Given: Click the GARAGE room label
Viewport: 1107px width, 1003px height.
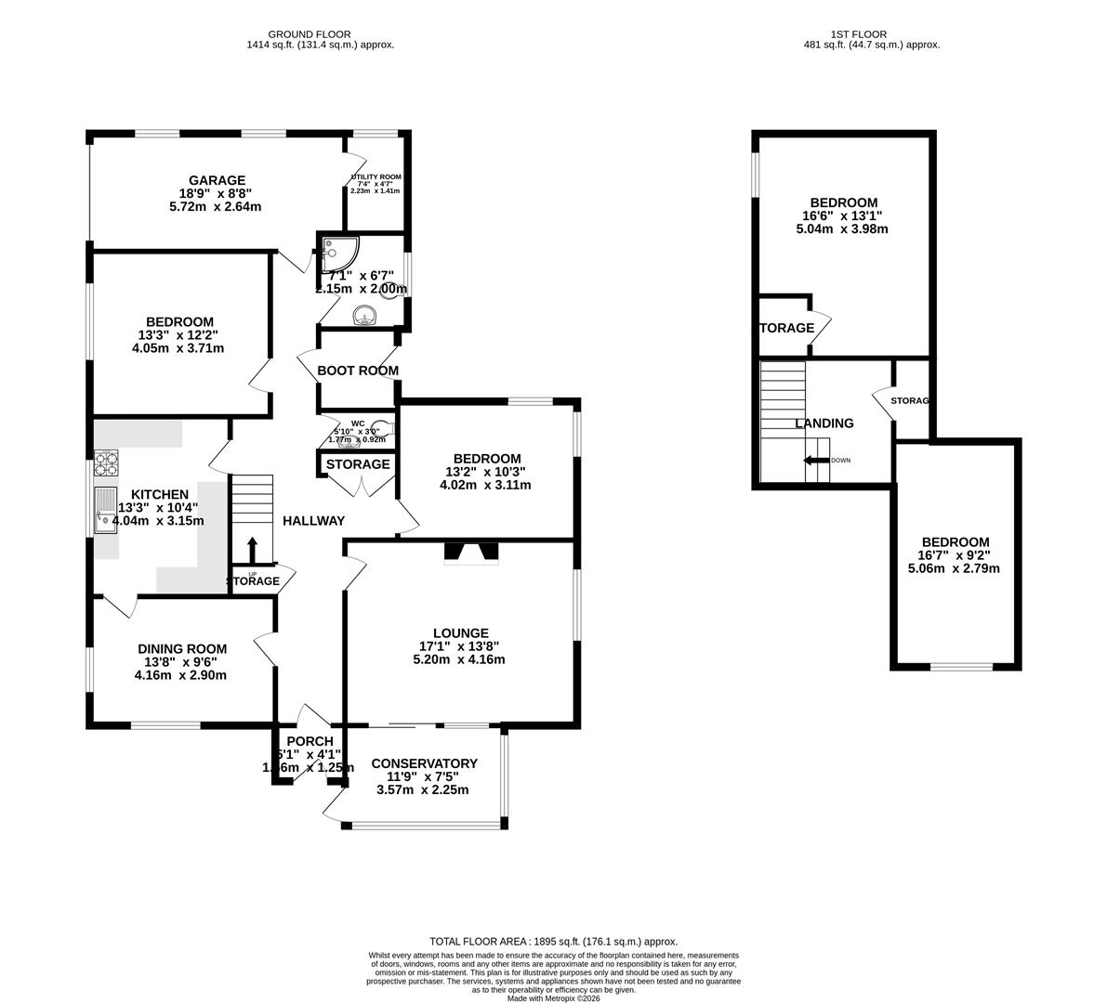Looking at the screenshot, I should [x=217, y=180].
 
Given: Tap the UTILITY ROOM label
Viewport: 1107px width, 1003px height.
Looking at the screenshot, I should [x=375, y=176].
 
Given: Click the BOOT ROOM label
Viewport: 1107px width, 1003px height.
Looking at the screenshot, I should [x=358, y=371].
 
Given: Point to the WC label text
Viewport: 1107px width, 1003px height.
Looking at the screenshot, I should [x=358, y=423].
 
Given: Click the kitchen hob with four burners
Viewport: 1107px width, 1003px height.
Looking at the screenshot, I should [x=106, y=462].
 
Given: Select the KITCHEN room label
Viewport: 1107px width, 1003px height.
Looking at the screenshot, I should [x=159, y=495].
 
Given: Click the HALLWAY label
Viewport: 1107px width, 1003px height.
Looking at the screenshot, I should [x=313, y=521].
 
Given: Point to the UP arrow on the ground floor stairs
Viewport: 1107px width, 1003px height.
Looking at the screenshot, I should [x=251, y=548].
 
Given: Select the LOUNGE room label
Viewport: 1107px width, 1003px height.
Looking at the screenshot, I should [x=459, y=633].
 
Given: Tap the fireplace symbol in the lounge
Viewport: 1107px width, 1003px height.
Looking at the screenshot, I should [x=471, y=554].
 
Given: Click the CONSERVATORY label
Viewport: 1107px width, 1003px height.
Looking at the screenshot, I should [x=424, y=763].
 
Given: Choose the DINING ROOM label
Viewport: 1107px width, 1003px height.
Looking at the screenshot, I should [x=182, y=649].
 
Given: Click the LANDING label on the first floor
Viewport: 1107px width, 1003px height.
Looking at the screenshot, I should [x=824, y=423].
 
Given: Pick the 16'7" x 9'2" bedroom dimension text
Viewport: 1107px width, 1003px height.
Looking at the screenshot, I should [x=955, y=555].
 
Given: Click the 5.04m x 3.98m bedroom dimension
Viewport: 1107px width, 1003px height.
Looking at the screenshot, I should [x=844, y=228].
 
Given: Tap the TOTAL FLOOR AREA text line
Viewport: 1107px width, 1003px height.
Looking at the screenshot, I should [x=553, y=941].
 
